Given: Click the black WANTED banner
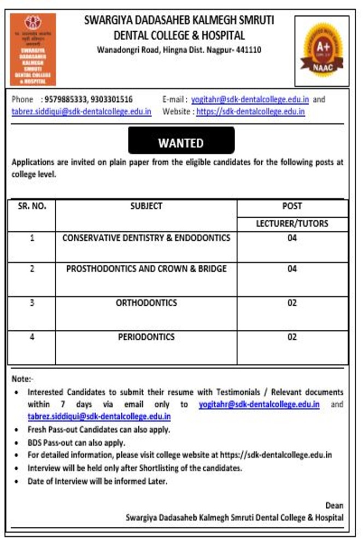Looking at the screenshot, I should click(x=181, y=143).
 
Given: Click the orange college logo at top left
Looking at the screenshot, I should click(x=33, y=49).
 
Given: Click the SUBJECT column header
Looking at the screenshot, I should click(x=146, y=206).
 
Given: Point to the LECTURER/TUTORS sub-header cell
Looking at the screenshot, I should click(x=292, y=224).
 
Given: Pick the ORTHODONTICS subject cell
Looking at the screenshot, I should click(x=146, y=302).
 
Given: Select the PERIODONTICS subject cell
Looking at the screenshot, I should click(x=146, y=337).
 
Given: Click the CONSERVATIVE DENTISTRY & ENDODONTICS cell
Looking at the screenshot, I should click(x=146, y=238).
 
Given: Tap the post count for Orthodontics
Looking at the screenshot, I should click(x=292, y=302).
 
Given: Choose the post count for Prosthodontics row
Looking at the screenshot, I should click(x=292, y=269).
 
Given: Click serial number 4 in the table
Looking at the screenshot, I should click(x=32, y=337).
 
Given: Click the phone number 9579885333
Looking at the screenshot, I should click(x=64, y=100).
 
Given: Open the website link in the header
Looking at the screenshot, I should click(x=250, y=112).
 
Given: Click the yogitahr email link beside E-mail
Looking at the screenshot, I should click(x=250, y=100).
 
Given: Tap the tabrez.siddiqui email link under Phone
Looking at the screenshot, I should click(x=81, y=112).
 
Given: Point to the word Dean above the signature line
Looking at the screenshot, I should click(x=334, y=505).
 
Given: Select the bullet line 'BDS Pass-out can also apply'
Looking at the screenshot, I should click(x=77, y=443).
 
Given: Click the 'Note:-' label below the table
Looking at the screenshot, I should click(x=22, y=379).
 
